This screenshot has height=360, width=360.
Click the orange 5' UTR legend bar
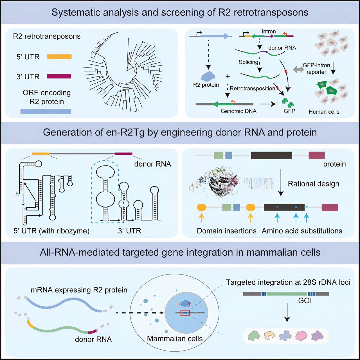[x=59, y=57]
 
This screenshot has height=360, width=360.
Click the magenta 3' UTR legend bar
[x=59, y=76]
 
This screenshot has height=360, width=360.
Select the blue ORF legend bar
[x=46, y=111]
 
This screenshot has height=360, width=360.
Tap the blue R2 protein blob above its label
[x=208, y=76]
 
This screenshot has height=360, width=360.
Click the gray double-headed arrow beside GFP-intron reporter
[x=298, y=69]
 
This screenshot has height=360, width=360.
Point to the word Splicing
[x=248, y=62]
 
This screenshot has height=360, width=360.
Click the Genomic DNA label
[x=238, y=111]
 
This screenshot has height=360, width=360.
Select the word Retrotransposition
[x=252, y=88]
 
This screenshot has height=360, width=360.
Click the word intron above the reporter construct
[x=269, y=31]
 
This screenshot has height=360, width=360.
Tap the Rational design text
[x=314, y=184]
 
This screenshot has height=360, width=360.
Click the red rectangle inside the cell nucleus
[x=185, y=313]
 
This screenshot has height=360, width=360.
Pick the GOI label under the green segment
[x=305, y=301]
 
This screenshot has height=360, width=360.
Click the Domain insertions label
[x=227, y=231]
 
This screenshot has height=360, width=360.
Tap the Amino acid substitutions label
[x=302, y=231]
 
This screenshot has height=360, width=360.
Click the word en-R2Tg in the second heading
[x=125, y=132]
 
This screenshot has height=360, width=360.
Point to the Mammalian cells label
[x=175, y=339]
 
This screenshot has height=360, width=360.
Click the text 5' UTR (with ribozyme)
[x=51, y=231]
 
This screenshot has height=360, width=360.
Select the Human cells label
[x=324, y=112]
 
